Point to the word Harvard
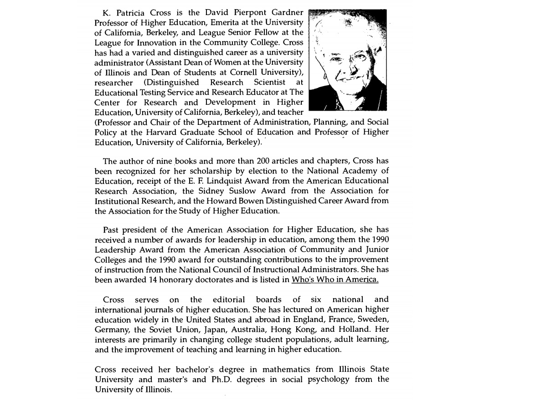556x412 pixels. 162,132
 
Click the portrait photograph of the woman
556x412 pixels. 347,60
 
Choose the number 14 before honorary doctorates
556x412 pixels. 154,280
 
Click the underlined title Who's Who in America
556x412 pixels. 335,280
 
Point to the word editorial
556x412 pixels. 229,299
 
